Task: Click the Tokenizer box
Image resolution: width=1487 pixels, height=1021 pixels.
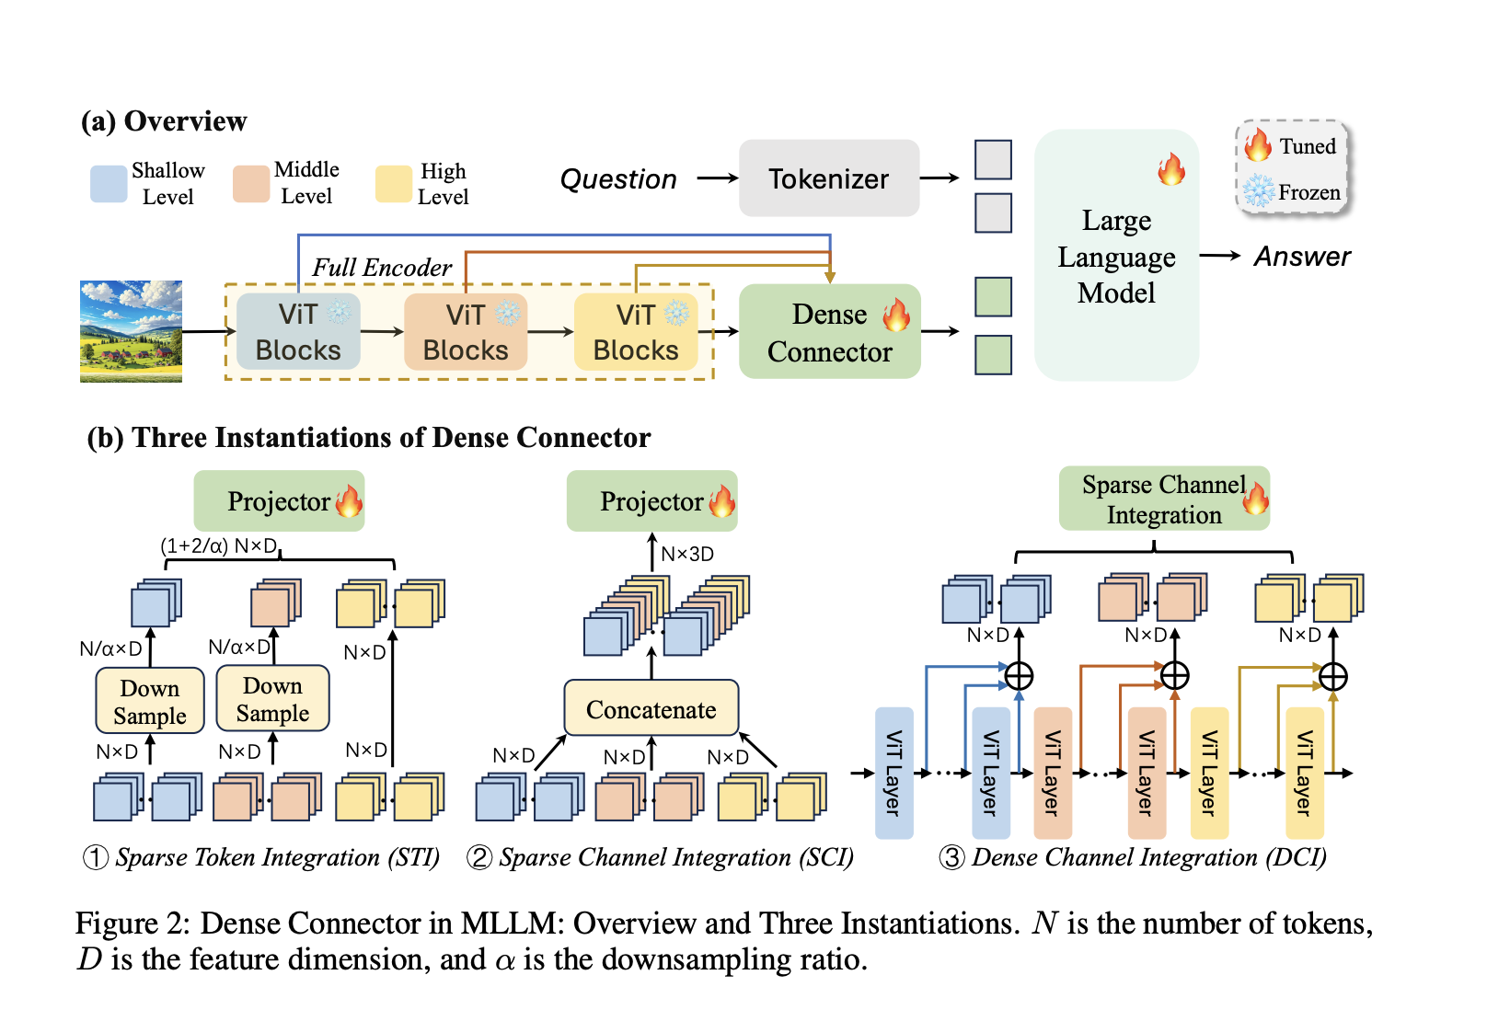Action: pyautogui.click(x=828, y=178)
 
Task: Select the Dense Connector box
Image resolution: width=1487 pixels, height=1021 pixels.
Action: pyautogui.click(x=829, y=332)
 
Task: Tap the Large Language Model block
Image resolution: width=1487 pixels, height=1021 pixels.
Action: pyautogui.click(x=1116, y=257)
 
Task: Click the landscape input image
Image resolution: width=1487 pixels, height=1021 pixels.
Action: pyautogui.click(x=131, y=331)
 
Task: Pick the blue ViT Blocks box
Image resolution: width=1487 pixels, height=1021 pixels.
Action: pyautogui.click(x=298, y=332)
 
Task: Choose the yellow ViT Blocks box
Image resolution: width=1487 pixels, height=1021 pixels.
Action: pyautogui.click(x=635, y=332)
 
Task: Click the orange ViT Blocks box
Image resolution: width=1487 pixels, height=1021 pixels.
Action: pyautogui.click(x=466, y=332)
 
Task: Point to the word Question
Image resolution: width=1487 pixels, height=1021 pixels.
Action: pyautogui.click(x=618, y=179)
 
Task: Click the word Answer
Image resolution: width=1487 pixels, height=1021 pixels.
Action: pyautogui.click(x=1302, y=257)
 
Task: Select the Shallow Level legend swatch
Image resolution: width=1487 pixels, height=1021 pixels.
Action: pyautogui.click(x=109, y=184)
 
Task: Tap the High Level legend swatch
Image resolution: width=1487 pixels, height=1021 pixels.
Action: pyautogui.click(x=393, y=184)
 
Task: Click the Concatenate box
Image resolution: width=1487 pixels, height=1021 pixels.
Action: pyautogui.click(x=651, y=709)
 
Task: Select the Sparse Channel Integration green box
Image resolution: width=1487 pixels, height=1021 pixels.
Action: pyautogui.click(x=1163, y=499)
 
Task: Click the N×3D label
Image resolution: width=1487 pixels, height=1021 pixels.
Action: pyautogui.click(x=687, y=554)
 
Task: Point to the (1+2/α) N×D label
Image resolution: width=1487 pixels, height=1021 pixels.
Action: pyautogui.click(x=218, y=545)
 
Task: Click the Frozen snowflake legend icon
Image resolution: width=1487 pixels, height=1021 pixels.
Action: pyautogui.click(x=1258, y=191)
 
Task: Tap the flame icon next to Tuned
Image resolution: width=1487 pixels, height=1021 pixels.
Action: pyautogui.click(x=1258, y=145)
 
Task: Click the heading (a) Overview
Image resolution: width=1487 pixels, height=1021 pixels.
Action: pyautogui.click(x=164, y=121)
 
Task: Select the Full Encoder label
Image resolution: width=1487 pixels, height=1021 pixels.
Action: pyautogui.click(x=382, y=268)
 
